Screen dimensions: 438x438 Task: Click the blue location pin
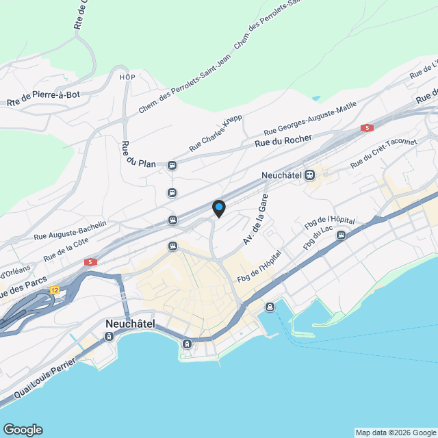point(218,208)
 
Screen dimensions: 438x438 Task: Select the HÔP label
point(127,77)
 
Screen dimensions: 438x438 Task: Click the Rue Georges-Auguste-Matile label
point(310,119)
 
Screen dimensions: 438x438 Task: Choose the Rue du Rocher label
point(283,141)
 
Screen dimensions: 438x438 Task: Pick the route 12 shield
point(55,291)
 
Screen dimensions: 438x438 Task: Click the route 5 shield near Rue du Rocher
point(368,128)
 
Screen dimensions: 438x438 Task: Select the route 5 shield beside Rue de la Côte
point(90,262)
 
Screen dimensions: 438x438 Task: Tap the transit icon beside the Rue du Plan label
point(172,164)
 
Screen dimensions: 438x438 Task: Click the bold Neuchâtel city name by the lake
point(131,323)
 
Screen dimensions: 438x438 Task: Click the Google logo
point(23,430)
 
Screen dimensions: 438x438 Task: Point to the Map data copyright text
point(396,433)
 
